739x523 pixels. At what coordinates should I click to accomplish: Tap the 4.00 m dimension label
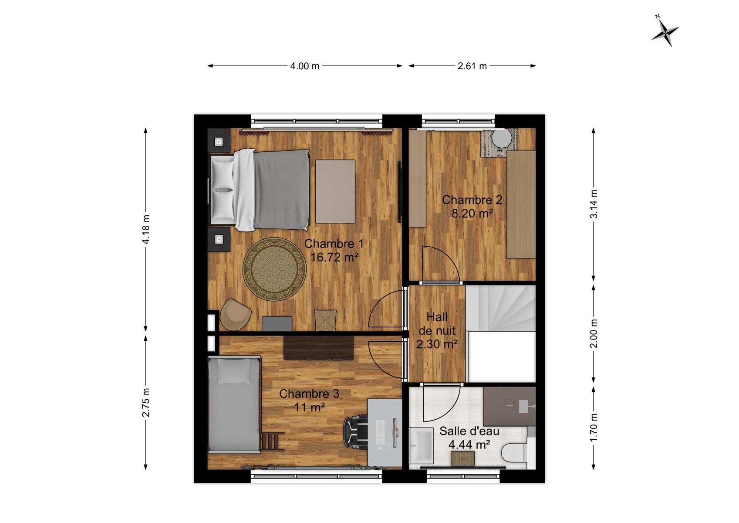(304, 66)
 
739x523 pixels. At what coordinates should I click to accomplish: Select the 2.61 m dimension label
(472, 66)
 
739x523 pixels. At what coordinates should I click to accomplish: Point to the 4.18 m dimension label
(146, 230)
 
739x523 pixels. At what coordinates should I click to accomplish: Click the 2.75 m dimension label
(146, 402)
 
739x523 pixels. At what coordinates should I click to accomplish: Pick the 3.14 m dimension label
(594, 204)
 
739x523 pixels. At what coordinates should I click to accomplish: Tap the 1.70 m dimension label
(594, 428)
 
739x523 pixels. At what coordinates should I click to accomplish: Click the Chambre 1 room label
(334, 244)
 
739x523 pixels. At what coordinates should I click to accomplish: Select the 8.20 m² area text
(472, 213)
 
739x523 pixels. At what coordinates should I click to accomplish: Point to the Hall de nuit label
(437, 324)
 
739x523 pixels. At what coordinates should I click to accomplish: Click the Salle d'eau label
(469, 431)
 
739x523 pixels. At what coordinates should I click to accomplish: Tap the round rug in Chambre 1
(274, 269)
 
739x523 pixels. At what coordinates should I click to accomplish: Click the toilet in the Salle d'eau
(514, 452)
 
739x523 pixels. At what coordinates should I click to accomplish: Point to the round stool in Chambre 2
(502, 138)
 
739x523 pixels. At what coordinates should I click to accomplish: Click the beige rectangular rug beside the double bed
(335, 191)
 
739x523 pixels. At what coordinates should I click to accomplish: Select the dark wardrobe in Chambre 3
(318, 348)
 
